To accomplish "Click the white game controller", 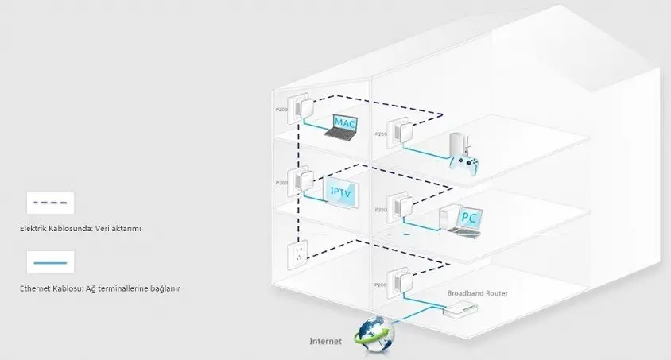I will [x=465, y=165].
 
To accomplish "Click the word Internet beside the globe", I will [x=325, y=342].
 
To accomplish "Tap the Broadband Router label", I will [x=477, y=293].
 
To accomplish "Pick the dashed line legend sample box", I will [x=50, y=203].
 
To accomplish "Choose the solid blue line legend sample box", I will [x=50, y=262].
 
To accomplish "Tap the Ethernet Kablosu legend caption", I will [x=100, y=288].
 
